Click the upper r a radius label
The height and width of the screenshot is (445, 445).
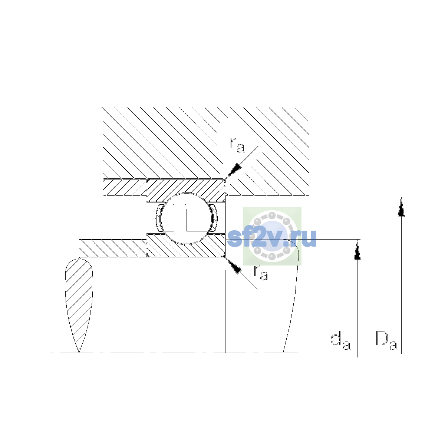pyautogui.click(x=237, y=145)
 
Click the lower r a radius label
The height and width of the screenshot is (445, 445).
pyautogui.click(x=261, y=273)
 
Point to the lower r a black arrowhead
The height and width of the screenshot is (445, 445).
pyautogui.click(x=234, y=266)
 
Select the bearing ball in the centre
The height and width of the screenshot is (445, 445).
pyautogui.click(x=186, y=218)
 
